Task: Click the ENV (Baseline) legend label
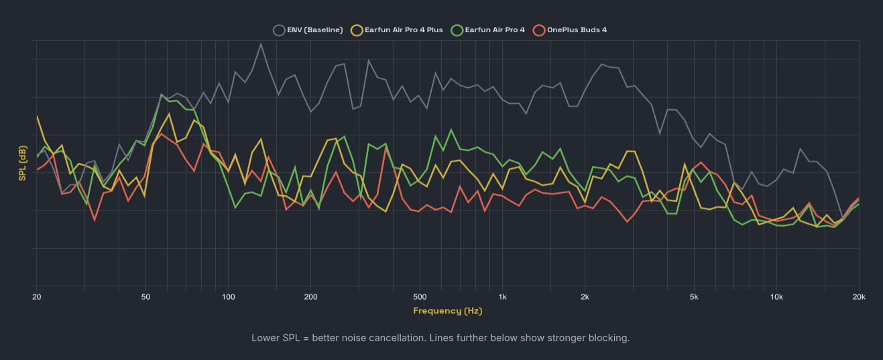tap(314, 29)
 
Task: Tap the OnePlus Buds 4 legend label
tap(577, 29)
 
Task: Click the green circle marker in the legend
tap(457, 29)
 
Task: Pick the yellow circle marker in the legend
tap(357, 29)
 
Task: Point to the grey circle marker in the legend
tap(279, 29)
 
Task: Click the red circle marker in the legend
tap(538, 29)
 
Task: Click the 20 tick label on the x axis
tap(37, 296)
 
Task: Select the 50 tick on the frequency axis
tap(146, 296)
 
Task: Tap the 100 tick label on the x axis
tap(229, 296)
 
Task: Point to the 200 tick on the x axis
tap(310, 296)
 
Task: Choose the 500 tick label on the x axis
tap(420, 296)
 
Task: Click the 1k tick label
tap(502, 296)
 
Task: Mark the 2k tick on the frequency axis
tap(585, 296)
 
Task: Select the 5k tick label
tap(694, 296)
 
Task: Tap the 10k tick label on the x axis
tap(776, 296)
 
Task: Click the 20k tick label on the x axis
tap(858, 296)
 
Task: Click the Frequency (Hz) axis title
tap(447, 310)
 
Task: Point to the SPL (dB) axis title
tap(23, 164)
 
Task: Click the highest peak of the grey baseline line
tap(261, 44)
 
